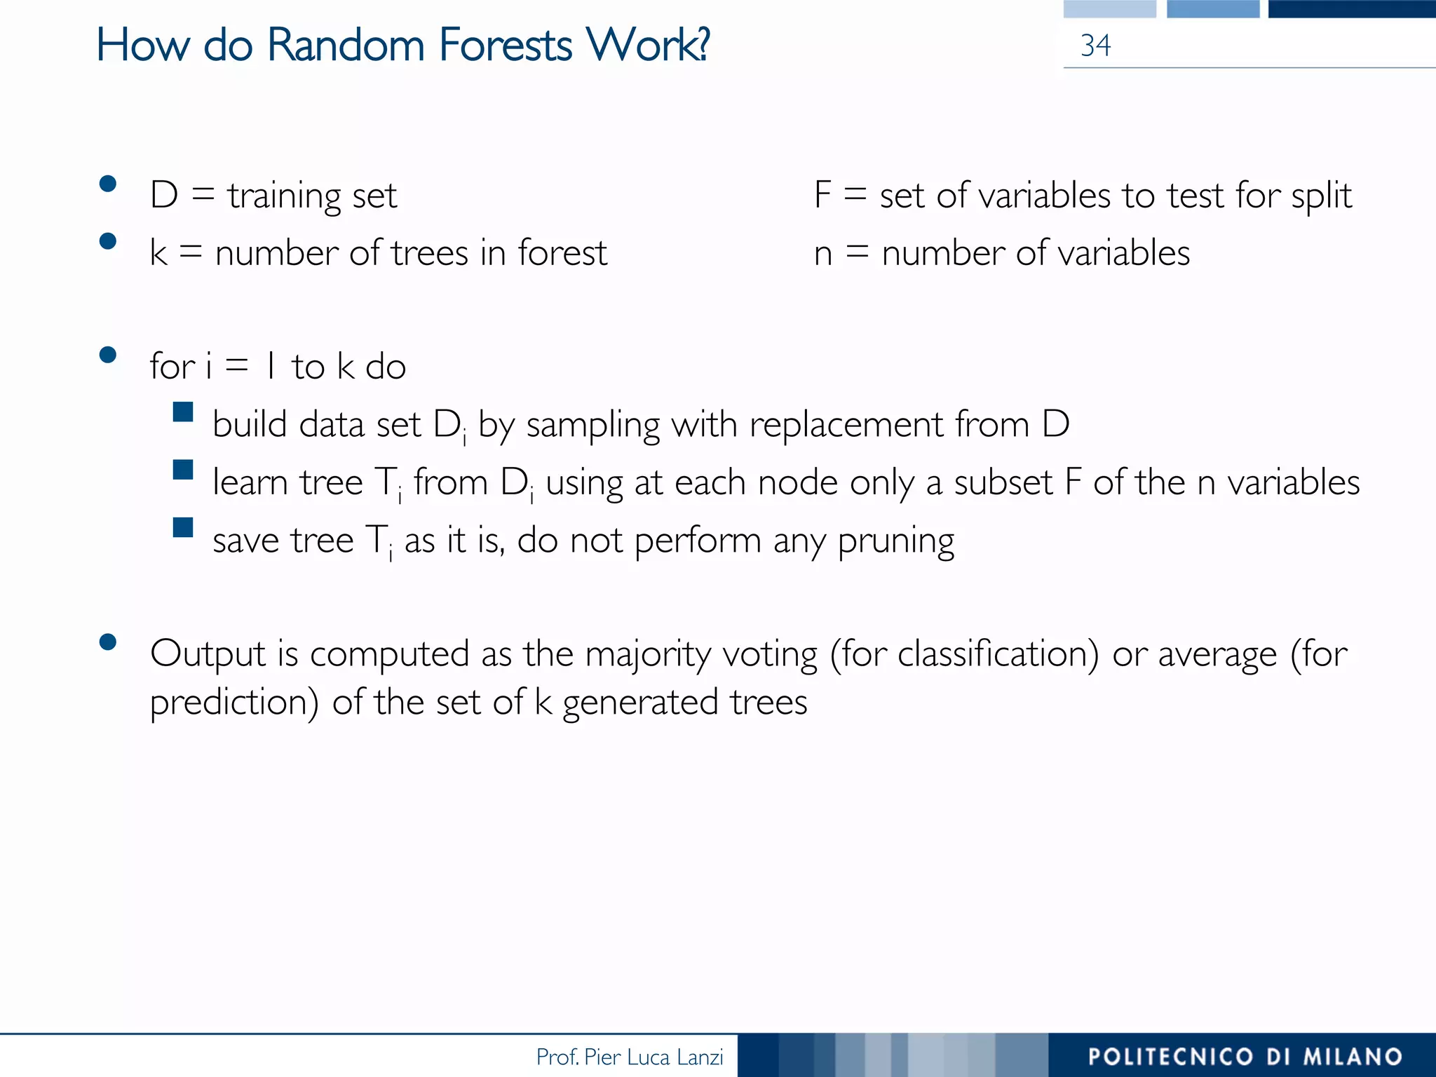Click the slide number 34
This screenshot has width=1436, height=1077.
(1095, 46)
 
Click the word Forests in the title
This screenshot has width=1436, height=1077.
(506, 46)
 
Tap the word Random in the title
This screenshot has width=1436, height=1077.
(346, 46)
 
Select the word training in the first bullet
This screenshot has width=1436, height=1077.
(284, 196)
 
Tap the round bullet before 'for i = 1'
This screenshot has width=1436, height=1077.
(108, 355)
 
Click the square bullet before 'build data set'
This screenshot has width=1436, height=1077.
(183, 412)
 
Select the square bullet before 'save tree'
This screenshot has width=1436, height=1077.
(183, 527)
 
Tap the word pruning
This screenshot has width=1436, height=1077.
(896, 542)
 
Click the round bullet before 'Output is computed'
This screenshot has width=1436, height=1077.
(108, 642)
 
